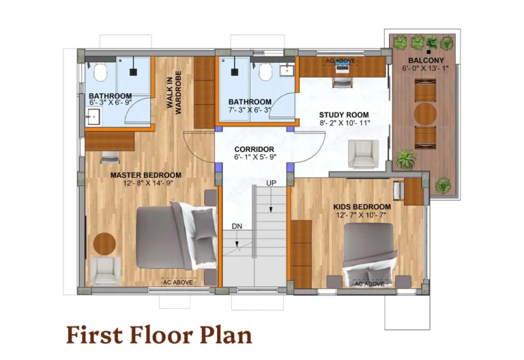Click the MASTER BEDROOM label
(146, 175)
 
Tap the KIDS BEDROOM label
(362, 207)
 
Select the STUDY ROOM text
(345, 115)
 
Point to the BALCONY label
(427, 60)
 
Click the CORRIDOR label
(254, 149)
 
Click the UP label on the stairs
(271, 183)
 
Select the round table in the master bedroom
(104, 243)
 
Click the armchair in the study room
(362, 153)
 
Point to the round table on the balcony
(426, 113)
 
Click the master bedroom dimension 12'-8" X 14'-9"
(146, 184)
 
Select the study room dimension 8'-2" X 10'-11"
(345, 123)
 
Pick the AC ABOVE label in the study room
(339, 61)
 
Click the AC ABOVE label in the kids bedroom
(368, 282)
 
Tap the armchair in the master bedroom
(106, 270)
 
